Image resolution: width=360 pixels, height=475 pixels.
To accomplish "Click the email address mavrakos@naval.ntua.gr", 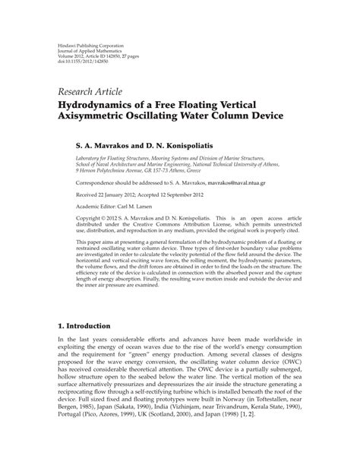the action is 245,182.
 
